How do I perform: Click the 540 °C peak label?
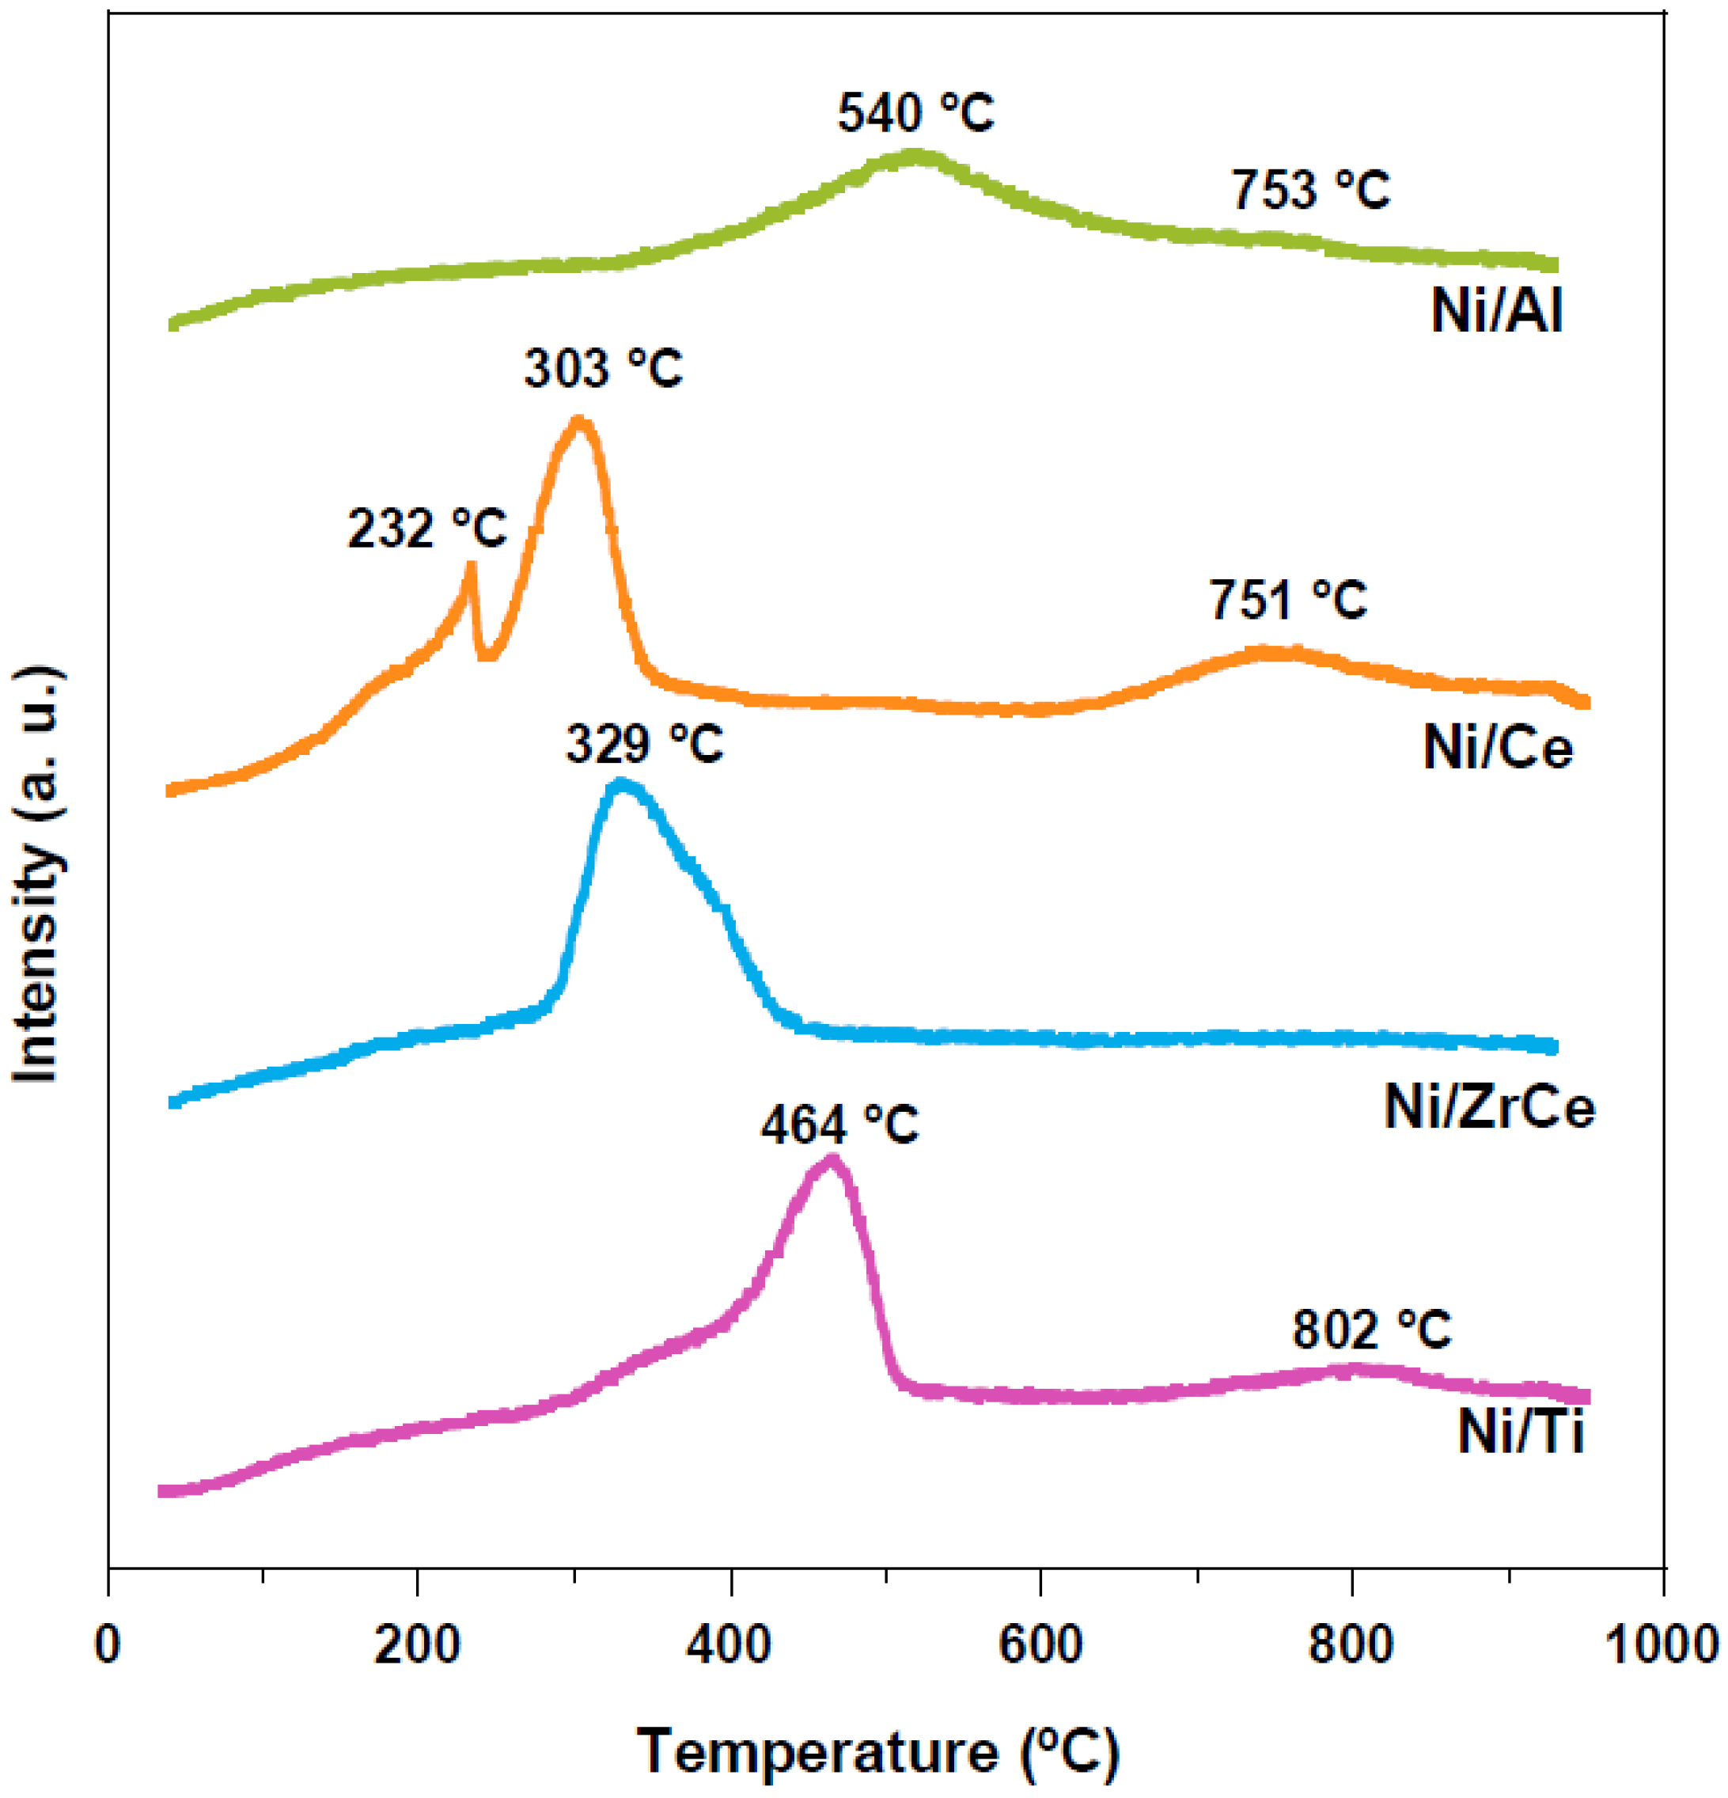(915, 114)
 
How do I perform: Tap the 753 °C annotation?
(1309, 191)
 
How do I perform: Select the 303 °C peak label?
(603, 369)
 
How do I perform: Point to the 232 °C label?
(426, 529)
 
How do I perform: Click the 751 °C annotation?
(1288, 600)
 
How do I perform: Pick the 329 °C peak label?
(644, 743)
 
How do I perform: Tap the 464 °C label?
(839, 1125)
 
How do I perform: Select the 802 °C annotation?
(1371, 1330)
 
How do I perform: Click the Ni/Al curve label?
(1496, 312)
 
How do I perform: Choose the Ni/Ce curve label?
(1498, 748)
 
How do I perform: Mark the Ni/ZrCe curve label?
(1490, 1108)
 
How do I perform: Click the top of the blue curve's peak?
(621, 784)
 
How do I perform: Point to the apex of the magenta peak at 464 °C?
(831, 1159)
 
